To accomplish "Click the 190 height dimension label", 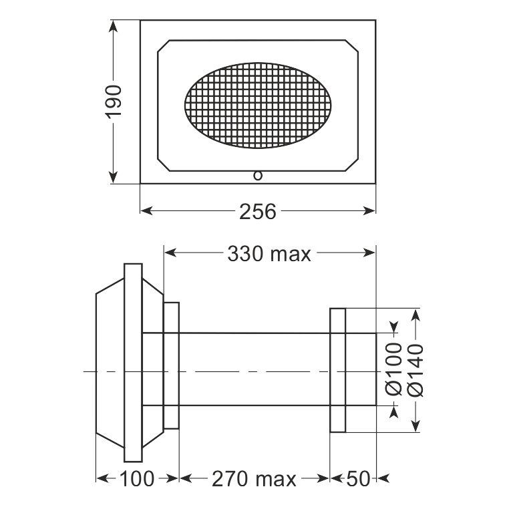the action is coord(114,102).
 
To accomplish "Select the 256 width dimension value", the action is coord(258,212).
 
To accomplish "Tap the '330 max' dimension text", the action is coord(269,253).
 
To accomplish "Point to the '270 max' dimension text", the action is coord(254,479).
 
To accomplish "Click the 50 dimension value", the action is coord(358,479).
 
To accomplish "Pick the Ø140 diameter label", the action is coord(415,370).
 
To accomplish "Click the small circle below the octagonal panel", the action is coord(258,176).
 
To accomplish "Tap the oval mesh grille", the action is coord(258,106).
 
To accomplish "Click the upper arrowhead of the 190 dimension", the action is coord(113,26).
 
